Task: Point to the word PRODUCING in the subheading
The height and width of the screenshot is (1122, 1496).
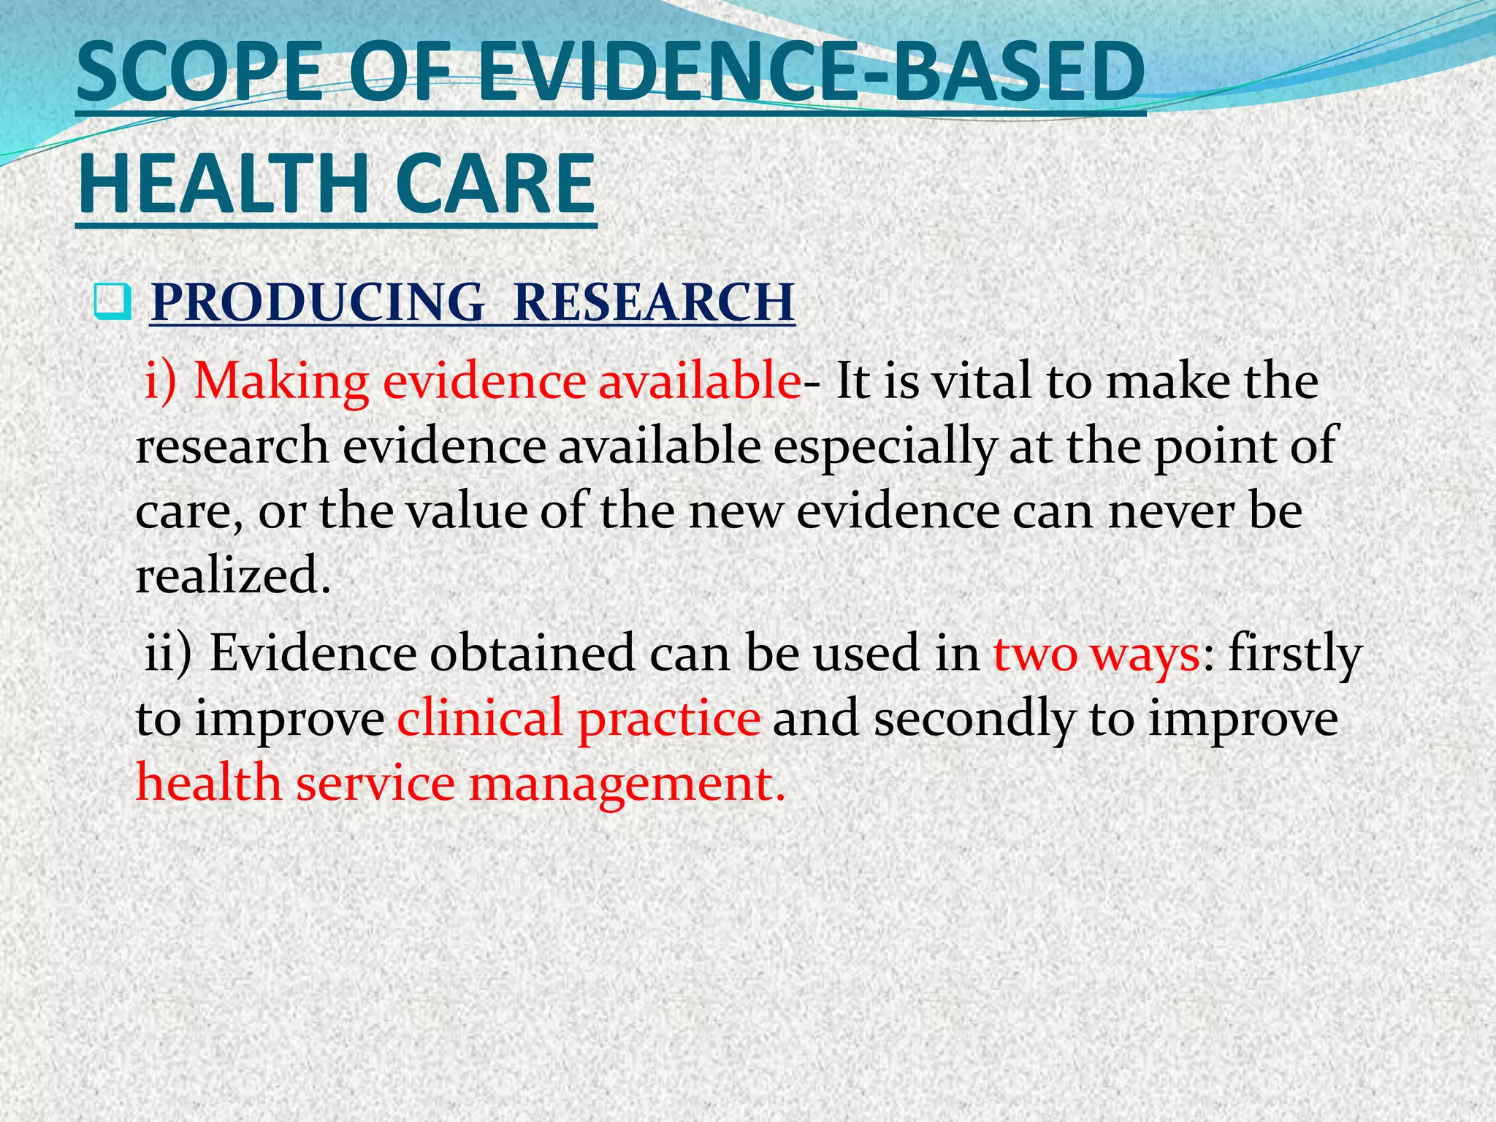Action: click(317, 302)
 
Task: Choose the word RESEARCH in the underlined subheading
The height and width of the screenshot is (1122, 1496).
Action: click(654, 302)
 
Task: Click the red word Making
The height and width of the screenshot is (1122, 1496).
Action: click(281, 382)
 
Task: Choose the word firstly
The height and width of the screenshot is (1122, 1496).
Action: click(1295, 654)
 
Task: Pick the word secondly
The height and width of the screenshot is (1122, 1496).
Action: click(974, 719)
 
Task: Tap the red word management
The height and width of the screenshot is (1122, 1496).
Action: click(627, 784)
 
